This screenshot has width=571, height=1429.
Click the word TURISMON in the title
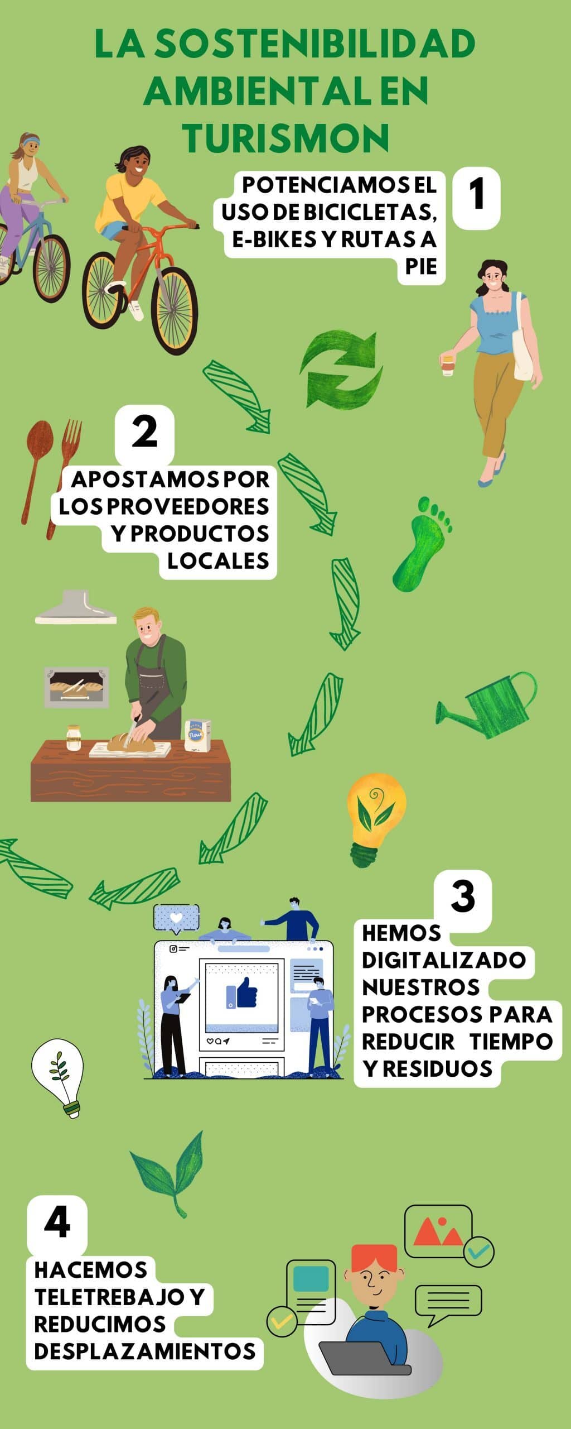click(285, 137)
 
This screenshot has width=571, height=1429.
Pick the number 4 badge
click(57, 1222)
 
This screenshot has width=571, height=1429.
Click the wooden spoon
click(37, 469)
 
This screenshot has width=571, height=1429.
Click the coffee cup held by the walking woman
click(448, 364)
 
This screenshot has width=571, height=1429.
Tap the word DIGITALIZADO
click(443, 960)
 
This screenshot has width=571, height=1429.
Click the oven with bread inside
click(76, 687)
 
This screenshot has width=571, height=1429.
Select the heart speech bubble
click(176, 918)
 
